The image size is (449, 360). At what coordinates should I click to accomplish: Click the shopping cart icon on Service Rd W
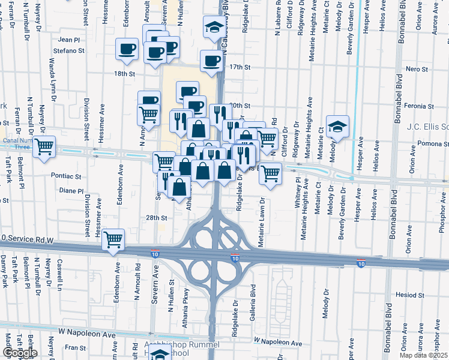pyautogui.click(x=113, y=240)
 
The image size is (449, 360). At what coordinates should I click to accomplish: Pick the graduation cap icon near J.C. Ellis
pyautogui.click(x=338, y=127)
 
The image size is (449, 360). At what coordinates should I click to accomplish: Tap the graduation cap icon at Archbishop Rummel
pyautogui.click(x=160, y=354)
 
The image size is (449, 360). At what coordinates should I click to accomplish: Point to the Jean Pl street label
pyautogui.click(x=69, y=40)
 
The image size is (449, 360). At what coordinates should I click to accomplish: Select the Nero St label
pyautogui.click(x=416, y=70)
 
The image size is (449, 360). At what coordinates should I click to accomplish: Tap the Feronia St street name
pyautogui.click(x=419, y=106)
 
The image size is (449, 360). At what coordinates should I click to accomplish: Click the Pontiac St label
pyautogui.click(x=66, y=176)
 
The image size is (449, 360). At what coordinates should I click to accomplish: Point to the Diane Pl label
pyautogui.click(x=70, y=191)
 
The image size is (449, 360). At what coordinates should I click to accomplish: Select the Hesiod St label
pyautogui.click(x=411, y=295)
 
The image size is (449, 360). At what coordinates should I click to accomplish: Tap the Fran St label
pyautogui.click(x=76, y=347)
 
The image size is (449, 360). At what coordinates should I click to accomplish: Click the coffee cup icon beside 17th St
pyautogui.click(x=211, y=62)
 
